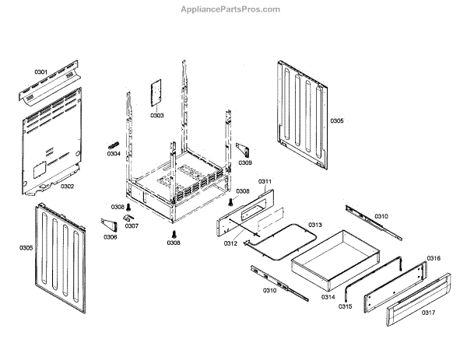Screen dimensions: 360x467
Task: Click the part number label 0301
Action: click(41, 72)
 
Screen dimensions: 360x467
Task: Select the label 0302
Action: click(67, 186)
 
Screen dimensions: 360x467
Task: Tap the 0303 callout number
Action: click(157, 115)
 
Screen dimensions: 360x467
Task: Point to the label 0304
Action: click(114, 153)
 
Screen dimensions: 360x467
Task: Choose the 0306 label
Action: click(110, 236)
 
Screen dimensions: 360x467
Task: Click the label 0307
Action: click(132, 226)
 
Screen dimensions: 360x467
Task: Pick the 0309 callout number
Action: click(245, 163)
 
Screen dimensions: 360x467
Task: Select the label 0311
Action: click(265, 181)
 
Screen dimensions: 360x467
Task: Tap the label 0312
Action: click(230, 244)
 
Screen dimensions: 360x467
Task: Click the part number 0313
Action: click(314, 225)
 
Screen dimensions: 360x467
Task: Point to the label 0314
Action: click(328, 297)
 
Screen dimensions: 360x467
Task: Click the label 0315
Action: click(346, 306)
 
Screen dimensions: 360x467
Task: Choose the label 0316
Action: click(434, 258)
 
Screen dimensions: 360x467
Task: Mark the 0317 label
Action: click(428, 313)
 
